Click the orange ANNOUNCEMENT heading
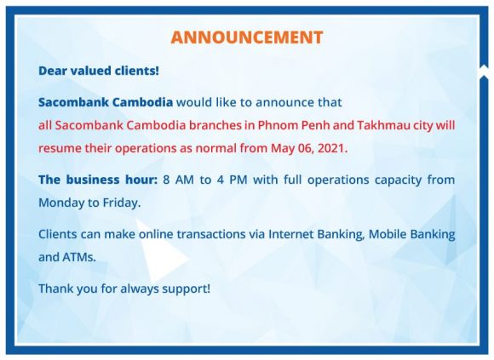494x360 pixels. tap(247, 37)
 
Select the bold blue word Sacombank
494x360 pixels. tap(73, 102)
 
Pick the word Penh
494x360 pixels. tap(316, 125)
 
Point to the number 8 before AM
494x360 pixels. tap(167, 180)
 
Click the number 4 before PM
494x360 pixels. tap(220, 180)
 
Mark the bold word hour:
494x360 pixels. tap(141, 180)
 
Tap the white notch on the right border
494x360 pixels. tap(484, 71)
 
